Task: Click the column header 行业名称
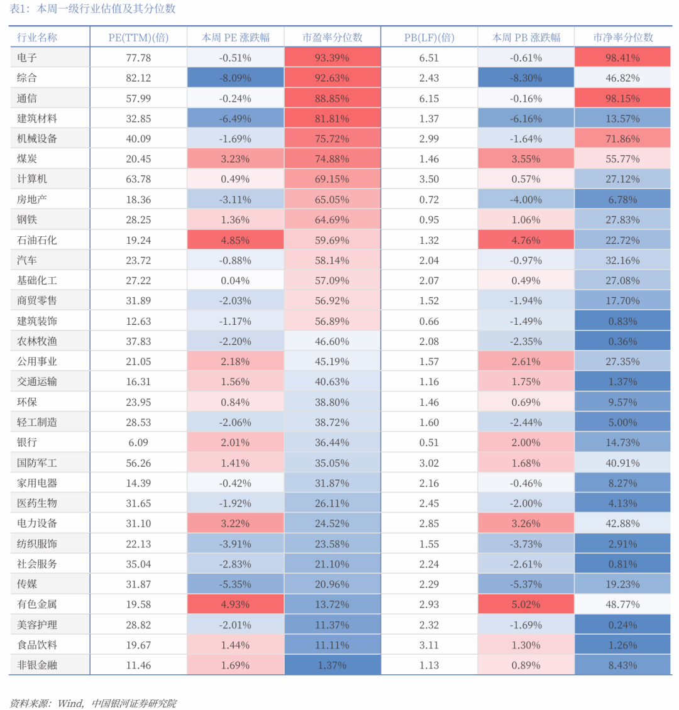click(37, 38)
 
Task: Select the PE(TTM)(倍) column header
click(138, 38)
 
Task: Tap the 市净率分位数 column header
click(623, 38)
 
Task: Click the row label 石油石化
click(37, 240)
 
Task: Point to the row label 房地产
click(31, 200)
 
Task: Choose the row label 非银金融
click(37, 665)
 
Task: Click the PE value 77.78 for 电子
click(138, 58)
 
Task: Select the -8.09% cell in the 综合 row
click(235, 78)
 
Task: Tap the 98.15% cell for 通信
click(622, 98)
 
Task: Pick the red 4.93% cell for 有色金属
click(235, 604)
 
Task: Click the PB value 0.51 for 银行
click(429, 442)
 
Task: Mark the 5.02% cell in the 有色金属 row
click(526, 604)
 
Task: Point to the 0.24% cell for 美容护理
click(622, 625)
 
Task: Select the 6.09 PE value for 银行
click(138, 442)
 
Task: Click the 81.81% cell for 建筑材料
click(332, 119)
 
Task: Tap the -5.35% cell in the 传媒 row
click(235, 584)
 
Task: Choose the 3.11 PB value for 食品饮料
click(429, 645)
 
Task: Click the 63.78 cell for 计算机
click(138, 179)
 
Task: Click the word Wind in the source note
click(70, 703)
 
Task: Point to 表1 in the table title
click(18, 9)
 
